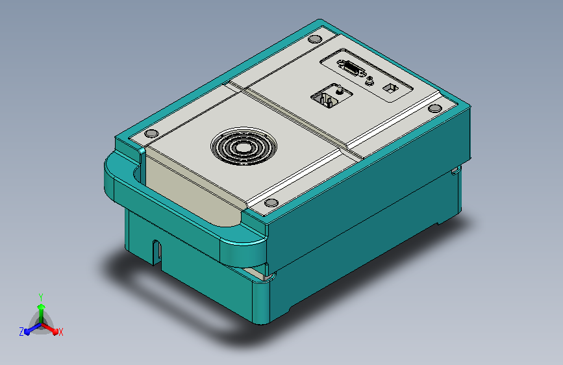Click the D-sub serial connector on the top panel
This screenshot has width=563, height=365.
(351, 68)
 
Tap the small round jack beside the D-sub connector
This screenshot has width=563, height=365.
(369, 81)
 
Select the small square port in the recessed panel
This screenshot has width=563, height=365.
(390, 88)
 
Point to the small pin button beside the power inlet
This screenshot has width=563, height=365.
(339, 90)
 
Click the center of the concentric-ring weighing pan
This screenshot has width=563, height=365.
(244, 146)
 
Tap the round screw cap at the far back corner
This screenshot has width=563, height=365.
(315, 39)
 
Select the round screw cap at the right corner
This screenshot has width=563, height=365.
(435, 108)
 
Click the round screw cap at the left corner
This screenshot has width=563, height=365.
(151, 133)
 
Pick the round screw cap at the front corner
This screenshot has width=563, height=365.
(271, 203)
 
